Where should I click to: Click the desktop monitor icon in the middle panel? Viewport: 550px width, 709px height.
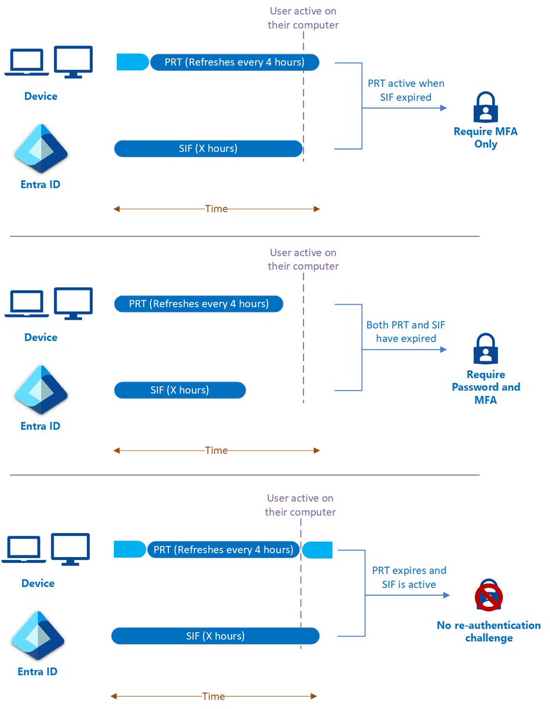point(73,303)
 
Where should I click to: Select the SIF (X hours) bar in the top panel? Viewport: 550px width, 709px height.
point(208,148)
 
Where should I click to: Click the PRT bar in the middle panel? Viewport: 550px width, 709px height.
point(198,304)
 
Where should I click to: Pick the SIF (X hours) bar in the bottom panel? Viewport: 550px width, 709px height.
point(215,636)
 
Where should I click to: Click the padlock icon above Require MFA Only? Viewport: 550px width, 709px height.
point(486,107)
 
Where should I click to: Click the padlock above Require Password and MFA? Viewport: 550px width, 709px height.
point(486,349)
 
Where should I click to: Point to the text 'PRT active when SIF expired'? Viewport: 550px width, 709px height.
point(406,90)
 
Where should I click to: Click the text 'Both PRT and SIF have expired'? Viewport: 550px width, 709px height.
point(406,331)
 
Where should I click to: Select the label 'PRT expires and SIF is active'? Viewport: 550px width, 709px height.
point(409,577)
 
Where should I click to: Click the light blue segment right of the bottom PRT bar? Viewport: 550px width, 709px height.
point(318,550)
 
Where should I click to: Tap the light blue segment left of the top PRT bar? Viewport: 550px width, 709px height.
point(132,62)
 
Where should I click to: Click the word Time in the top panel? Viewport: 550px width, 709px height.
point(216,209)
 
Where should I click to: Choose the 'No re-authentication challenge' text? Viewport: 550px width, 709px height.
point(489,632)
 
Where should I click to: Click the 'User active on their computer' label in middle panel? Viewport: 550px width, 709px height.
point(303,259)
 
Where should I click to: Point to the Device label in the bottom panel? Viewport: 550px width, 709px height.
point(38,583)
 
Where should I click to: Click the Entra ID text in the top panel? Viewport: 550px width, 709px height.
point(40,184)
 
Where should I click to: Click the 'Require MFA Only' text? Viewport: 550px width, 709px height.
point(486,138)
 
